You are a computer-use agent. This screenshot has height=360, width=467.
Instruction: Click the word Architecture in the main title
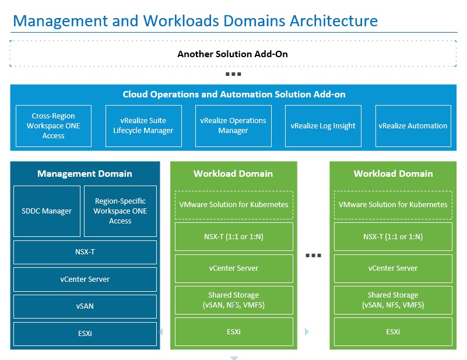tap(333, 21)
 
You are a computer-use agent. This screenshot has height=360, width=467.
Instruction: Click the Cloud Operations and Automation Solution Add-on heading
tap(234, 94)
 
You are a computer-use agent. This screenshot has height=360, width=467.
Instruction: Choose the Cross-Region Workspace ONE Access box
tap(54, 126)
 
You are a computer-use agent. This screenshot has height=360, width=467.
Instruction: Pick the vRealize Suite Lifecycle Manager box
tap(143, 126)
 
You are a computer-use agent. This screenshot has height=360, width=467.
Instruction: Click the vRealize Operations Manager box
tap(233, 126)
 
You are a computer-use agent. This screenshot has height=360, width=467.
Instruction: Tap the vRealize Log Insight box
tap(323, 126)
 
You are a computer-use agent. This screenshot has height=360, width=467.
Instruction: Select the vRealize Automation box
tap(413, 126)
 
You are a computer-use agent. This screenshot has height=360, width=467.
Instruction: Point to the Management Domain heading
tap(85, 173)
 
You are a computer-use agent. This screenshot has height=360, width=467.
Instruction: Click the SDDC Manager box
tap(47, 211)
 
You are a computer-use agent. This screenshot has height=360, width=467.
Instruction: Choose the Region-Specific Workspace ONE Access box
tap(120, 211)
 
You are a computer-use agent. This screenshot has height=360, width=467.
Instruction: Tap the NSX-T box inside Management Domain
tap(85, 252)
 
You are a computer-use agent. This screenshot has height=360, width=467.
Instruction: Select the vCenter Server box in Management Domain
tap(85, 279)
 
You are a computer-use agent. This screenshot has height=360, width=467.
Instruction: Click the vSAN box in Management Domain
tap(85, 306)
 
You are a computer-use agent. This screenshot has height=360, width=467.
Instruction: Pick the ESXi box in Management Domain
tap(85, 334)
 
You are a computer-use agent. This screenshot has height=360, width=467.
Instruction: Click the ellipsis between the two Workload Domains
tap(313, 256)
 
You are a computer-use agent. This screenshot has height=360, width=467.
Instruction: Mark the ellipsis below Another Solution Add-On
tap(233, 74)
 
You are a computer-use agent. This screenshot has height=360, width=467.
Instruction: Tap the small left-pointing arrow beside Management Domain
tap(160, 331)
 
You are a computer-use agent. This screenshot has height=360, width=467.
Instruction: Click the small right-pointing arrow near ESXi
tap(307, 331)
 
